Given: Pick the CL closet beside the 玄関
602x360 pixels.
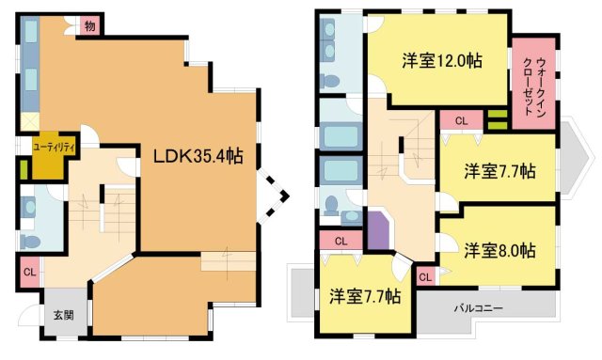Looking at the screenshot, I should tap(30, 274).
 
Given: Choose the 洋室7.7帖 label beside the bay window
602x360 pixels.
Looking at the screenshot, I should tap(499, 172).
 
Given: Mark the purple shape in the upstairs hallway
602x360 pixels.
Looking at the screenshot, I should tap(379, 231).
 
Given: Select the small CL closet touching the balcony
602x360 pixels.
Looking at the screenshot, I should tap(424, 276).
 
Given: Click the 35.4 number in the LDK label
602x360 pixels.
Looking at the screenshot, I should tap(216, 156).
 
